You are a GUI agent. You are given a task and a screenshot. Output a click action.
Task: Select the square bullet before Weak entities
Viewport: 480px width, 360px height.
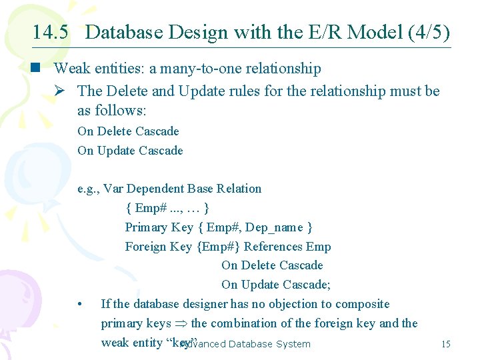[x=41, y=68]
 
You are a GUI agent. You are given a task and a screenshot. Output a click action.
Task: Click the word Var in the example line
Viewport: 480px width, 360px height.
[x=114, y=189]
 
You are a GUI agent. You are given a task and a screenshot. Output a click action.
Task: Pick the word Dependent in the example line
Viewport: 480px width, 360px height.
[x=153, y=189]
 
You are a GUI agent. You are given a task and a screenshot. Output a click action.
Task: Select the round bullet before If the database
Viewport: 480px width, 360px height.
[x=80, y=305]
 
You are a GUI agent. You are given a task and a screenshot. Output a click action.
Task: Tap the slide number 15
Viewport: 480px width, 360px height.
[x=446, y=344]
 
